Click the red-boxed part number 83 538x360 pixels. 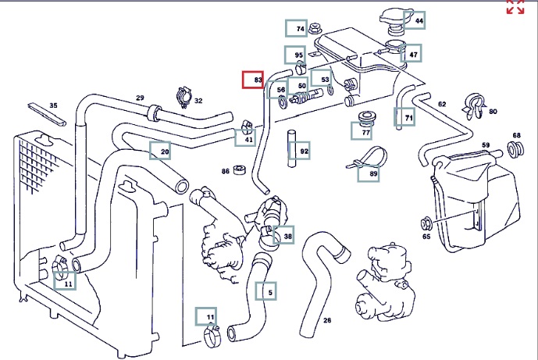point(253,80)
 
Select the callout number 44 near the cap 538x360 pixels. point(415,20)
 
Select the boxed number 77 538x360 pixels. point(366,132)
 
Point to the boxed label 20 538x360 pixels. point(160,150)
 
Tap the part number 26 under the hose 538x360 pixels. point(327,319)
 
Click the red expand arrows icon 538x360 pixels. point(515,8)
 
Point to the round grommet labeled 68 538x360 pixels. point(515,148)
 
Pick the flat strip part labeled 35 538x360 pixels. point(48,114)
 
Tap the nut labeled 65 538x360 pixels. point(426,221)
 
